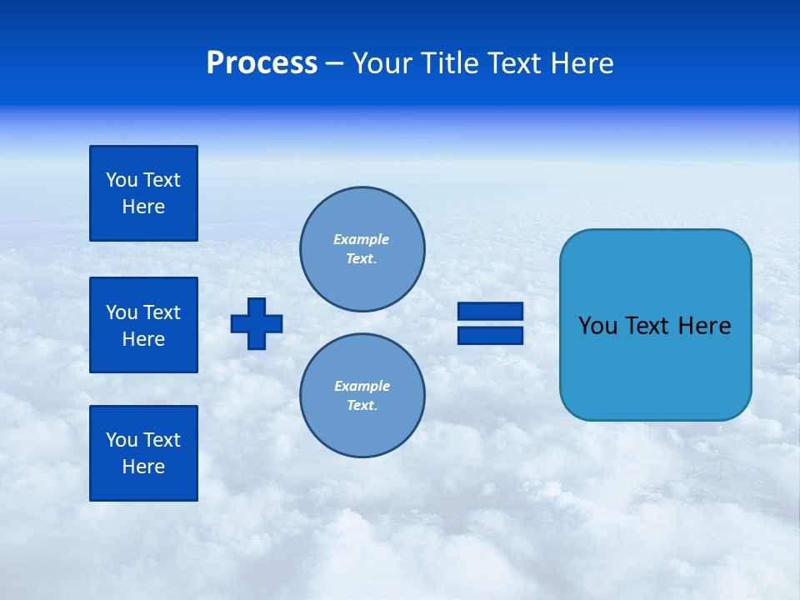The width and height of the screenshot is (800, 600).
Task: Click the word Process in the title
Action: [x=262, y=63]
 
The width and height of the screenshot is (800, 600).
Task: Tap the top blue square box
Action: [x=143, y=193]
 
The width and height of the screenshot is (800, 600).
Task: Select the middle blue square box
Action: [x=143, y=325]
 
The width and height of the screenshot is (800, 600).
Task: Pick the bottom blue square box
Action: [x=143, y=453]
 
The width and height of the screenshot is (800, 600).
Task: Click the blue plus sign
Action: [x=257, y=323]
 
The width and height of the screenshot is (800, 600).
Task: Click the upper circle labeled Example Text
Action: [x=362, y=249]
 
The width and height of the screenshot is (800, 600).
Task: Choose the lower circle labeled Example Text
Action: [x=362, y=396]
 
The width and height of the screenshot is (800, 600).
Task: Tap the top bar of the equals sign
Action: [x=490, y=312]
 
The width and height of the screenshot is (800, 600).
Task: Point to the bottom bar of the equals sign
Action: [x=490, y=335]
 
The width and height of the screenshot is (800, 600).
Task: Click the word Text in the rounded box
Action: [x=647, y=326]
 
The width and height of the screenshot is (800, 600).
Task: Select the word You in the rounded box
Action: [x=597, y=326]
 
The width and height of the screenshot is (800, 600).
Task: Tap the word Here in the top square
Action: [x=143, y=207]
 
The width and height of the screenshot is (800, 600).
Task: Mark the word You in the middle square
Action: [x=122, y=312]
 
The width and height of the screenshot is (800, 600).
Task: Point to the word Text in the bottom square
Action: [x=161, y=440]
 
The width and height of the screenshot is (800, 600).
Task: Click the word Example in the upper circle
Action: [x=362, y=239]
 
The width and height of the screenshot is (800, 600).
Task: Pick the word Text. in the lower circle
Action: [x=362, y=406]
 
